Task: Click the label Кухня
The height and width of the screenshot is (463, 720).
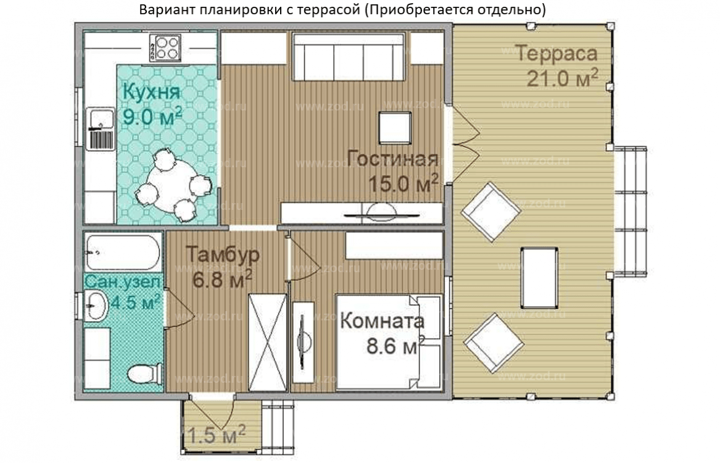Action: [151, 92]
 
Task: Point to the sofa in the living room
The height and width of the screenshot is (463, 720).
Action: [348, 57]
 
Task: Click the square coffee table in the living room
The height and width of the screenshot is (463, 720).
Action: [394, 127]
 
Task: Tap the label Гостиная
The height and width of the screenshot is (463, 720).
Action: [392, 159]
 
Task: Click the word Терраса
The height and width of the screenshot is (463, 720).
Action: [557, 54]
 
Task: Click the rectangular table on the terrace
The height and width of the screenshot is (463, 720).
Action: [540, 277]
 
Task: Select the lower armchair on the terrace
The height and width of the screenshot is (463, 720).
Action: [492, 343]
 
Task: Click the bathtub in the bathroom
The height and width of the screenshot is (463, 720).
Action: [123, 252]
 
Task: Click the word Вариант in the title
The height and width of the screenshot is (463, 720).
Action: [163, 10]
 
